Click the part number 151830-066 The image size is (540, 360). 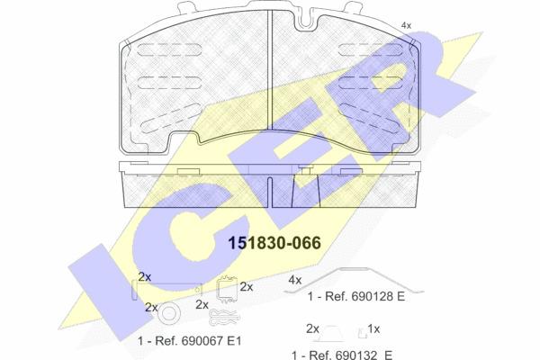(x=274, y=243)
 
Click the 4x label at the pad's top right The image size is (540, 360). (x=407, y=25)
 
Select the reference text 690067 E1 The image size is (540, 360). (x=198, y=341)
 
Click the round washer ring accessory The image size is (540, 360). (x=171, y=313)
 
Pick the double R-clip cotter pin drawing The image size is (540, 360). (x=224, y=317)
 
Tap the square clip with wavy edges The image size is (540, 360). (x=227, y=289)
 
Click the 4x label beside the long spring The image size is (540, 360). (x=295, y=280)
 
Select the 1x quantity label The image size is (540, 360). (x=373, y=329)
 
